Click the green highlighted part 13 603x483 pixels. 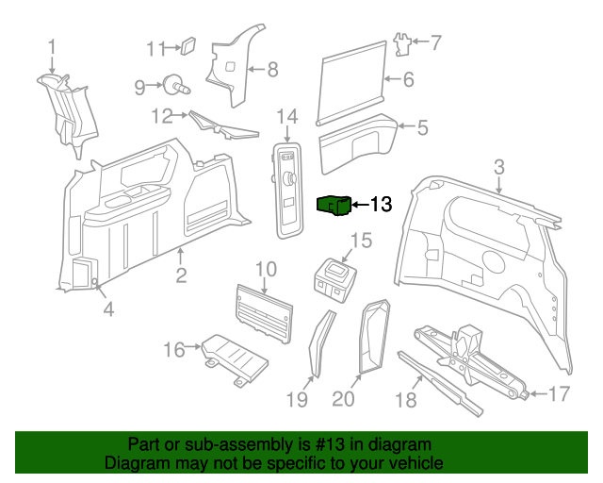pyautogui.click(x=334, y=205)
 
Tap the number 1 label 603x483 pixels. pyautogui.click(x=52, y=46)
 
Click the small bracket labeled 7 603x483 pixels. pyautogui.click(x=403, y=43)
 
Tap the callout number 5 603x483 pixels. pyautogui.click(x=422, y=125)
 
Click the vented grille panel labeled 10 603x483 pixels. pyautogui.click(x=264, y=309)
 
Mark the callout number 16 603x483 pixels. pyautogui.click(x=173, y=350)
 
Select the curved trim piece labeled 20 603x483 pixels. pyautogui.click(x=374, y=334)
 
